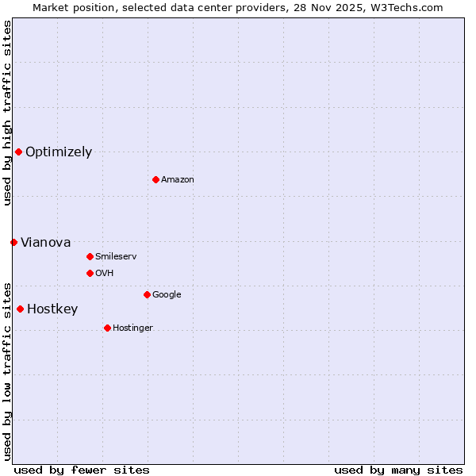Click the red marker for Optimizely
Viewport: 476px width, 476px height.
coord(18,152)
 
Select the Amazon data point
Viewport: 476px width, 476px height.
coord(155,179)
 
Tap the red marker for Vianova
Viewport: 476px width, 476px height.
coord(13,242)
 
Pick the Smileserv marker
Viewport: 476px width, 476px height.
coord(90,256)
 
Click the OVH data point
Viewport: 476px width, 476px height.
coord(90,273)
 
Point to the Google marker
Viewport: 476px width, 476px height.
coord(147,294)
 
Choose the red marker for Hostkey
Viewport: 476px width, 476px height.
coord(20,309)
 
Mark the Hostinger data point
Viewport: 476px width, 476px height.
coord(107,328)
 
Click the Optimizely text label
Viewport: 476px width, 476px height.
coord(59,152)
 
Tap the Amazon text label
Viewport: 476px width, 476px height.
coord(178,180)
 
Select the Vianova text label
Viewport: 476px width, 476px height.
coord(46,243)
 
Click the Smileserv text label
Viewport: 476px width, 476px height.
coord(116,257)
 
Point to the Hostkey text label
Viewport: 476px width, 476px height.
coord(52,309)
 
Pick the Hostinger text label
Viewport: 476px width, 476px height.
coord(132,328)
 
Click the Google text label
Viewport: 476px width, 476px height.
coord(167,295)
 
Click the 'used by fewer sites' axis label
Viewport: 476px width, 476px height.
coord(82,470)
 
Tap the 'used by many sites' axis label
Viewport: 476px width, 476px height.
coord(398,470)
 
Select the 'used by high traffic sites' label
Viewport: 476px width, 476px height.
coord(7,113)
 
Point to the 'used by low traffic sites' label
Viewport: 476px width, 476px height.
coord(7,370)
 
